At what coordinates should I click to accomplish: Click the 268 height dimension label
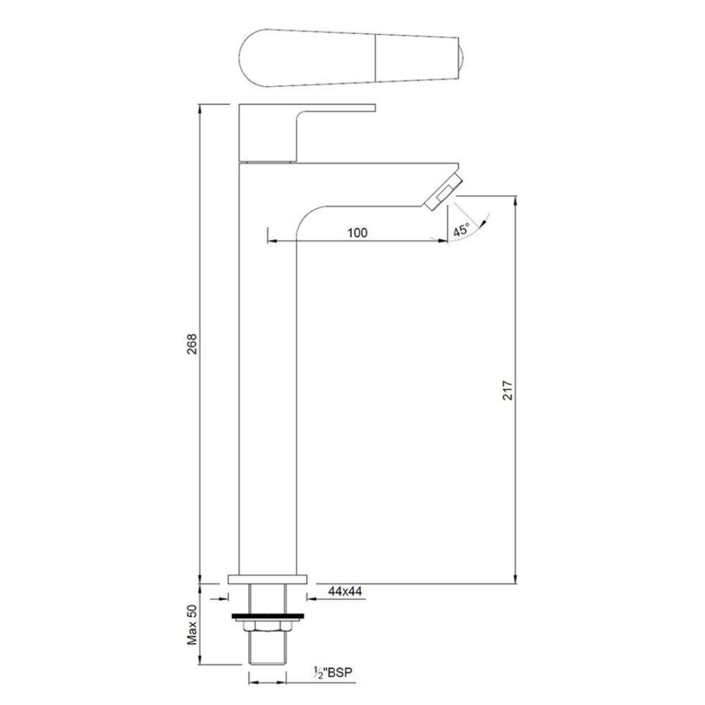click(x=192, y=344)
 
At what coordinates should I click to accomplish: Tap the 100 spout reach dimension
click(x=358, y=233)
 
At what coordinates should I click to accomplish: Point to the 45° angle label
click(x=462, y=230)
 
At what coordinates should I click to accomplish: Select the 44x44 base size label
click(x=345, y=591)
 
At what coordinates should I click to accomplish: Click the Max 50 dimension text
click(x=192, y=625)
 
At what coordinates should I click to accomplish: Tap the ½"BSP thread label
click(x=333, y=672)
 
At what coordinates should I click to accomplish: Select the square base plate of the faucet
click(x=268, y=578)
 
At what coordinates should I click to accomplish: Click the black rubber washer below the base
click(x=268, y=616)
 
